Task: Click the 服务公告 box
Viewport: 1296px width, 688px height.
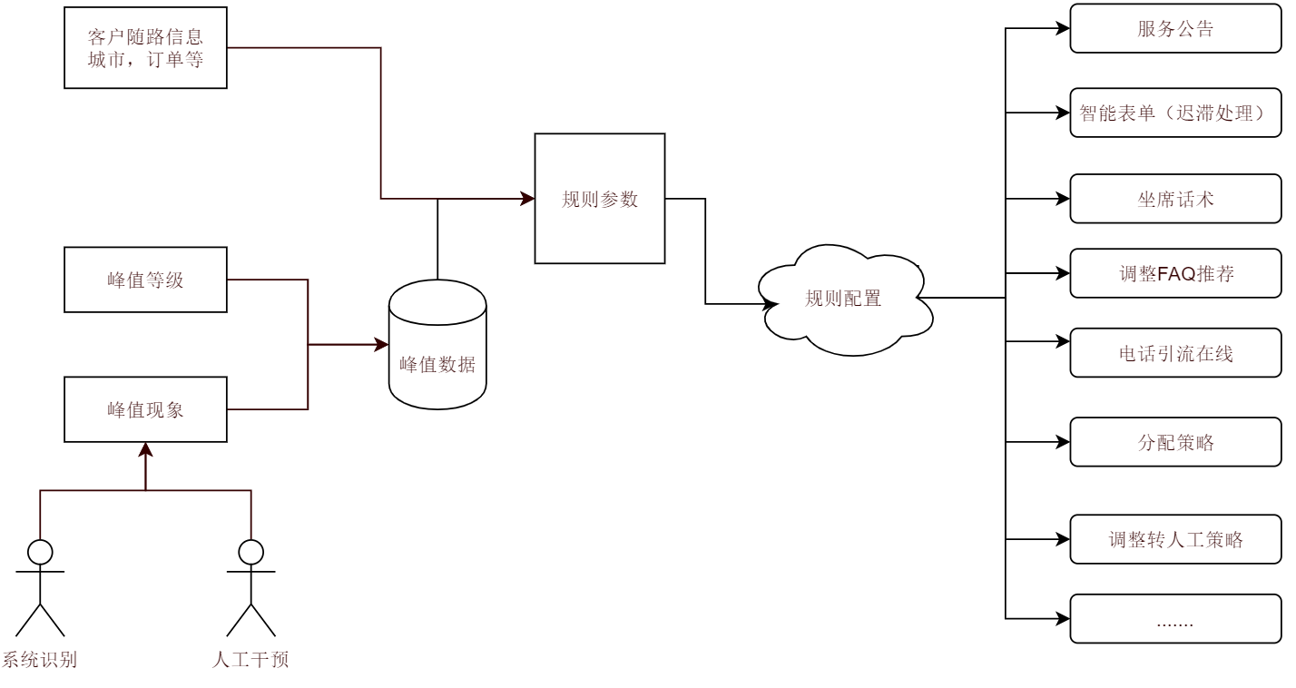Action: pyautogui.click(x=1175, y=29)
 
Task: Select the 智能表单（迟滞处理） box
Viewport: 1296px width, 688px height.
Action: pyautogui.click(x=1175, y=113)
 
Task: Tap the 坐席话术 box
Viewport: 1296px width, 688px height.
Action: pyautogui.click(x=1175, y=199)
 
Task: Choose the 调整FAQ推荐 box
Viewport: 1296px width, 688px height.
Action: pyautogui.click(x=1175, y=273)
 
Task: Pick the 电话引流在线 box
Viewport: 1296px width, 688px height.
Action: pyautogui.click(x=1175, y=353)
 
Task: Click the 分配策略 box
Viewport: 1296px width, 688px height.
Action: pyautogui.click(x=1175, y=442)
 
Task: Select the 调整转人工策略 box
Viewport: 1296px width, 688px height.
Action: pyautogui.click(x=1175, y=540)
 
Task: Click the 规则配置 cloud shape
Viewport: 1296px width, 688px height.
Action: pyautogui.click(x=844, y=299)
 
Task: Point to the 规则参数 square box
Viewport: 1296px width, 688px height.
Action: pyautogui.click(x=600, y=199)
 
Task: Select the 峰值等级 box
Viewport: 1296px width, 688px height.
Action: pyautogui.click(x=145, y=280)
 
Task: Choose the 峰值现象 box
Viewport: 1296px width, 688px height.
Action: pyautogui.click(x=145, y=409)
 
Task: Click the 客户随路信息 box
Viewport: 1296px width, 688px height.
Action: pyautogui.click(x=145, y=48)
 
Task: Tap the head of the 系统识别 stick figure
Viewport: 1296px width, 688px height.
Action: pyautogui.click(x=40, y=551)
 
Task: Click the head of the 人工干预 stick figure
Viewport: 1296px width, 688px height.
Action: pyautogui.click(x=250, y=551)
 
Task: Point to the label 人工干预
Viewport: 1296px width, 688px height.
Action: pyautogui.click(x=250, y=660)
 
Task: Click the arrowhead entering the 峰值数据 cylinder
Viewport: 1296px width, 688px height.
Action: pyautogui.click(x=381, y=345)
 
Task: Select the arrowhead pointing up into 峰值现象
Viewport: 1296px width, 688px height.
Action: pyautogui.click(x=145, y=449)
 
